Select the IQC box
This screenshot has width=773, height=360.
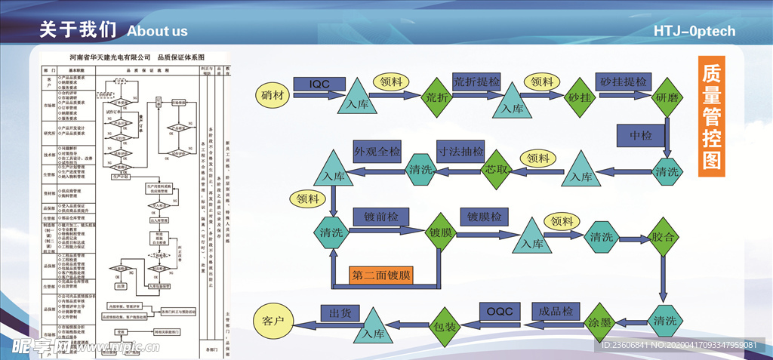click(x=319, y=84)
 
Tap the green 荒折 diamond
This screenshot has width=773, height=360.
click(x=437, y=97)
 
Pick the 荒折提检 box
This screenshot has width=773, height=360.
click(x=477, y=81)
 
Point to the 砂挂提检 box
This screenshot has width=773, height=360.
click(x=624, y=81)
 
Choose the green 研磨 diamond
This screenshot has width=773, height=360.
click(x=667, y=97)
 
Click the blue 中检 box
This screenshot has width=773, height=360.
click(x=641, y=136)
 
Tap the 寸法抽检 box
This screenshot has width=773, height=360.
click(x=460, y=150)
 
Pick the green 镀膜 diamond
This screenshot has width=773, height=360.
click(x=441, y=232)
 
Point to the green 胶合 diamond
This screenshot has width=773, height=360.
click(x=665, y=235)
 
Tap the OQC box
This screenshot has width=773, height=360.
click(x=499, y=310)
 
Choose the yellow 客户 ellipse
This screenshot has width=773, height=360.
click(x=277, y=322)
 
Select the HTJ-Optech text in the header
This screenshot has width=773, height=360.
click(x=694, y=31)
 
